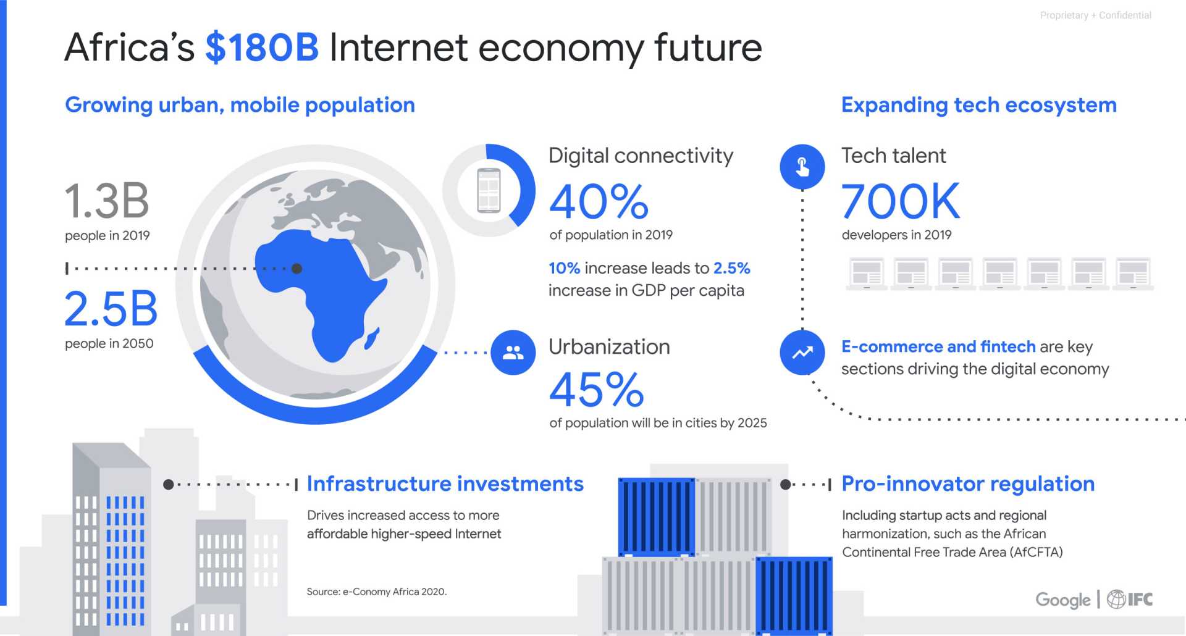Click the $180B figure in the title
(262, 48)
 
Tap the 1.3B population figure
(107, 201)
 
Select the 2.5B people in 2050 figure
(111, 309)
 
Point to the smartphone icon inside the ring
(489, 190)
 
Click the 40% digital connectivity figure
(599, 201)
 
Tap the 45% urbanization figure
(597, 390)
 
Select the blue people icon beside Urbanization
(513, 353)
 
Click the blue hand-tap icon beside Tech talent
(802, 167)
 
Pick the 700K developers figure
(901, 201)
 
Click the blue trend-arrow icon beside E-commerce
(802, 353)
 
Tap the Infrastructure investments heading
(445, 483)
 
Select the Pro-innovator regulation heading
(968, 483)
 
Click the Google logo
(1063, 600)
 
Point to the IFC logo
(1130, 599)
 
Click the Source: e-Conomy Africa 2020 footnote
(377, 592)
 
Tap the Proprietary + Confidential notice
(1096, 15)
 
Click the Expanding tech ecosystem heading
(979, 105)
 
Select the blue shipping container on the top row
(657, 517)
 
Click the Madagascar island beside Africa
(372, 338)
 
